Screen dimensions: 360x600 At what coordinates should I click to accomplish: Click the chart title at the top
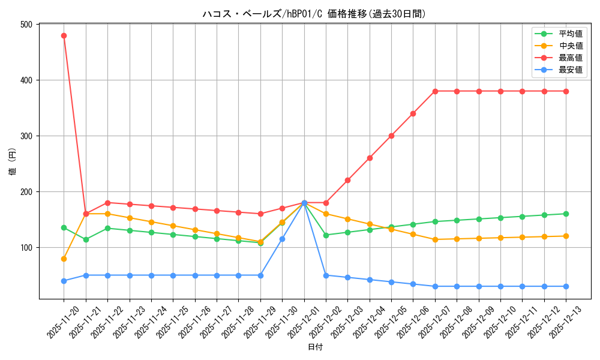tap(315, 14)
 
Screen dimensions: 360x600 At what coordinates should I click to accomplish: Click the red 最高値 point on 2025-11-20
tap(64, 35)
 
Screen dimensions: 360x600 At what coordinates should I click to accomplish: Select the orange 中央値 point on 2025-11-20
tap(64, 259)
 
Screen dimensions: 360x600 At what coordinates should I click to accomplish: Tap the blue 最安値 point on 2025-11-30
tap(282, 239)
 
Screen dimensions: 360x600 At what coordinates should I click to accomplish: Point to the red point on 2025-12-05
tap(391, 136)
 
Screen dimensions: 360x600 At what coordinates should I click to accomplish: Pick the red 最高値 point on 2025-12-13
tap(566, 91)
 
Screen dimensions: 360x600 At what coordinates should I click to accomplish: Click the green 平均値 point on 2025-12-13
tap(566, 214)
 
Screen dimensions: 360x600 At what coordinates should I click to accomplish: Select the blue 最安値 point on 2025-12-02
tap(326, 275)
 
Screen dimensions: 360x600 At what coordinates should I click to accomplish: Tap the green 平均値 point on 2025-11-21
tap(86, 239)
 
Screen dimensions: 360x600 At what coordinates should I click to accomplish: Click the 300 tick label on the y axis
tap(26, 136)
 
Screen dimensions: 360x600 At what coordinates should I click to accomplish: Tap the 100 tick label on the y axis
tap(26, 248)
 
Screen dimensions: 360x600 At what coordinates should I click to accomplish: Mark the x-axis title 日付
tap(315, 347)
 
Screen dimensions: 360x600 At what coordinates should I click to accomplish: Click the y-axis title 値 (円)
tap(13, 161)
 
